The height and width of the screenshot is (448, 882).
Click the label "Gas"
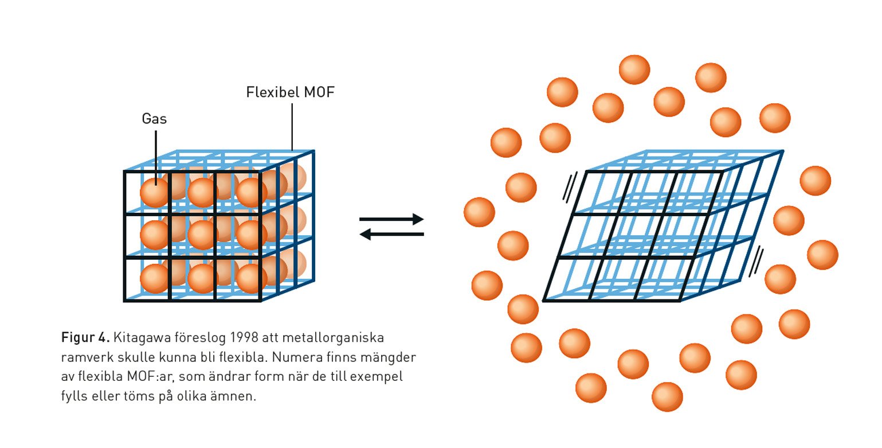click(154, 119)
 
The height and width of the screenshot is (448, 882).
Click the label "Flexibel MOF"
click(289, 92)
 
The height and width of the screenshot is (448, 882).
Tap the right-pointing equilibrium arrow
click(391, 219)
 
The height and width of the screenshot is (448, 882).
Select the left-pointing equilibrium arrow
click(391, 234)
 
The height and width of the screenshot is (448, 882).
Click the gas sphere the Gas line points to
click(155, 192)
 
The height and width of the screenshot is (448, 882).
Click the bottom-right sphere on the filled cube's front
click(251, 278)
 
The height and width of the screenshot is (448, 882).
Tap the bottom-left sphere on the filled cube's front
click(155, 278)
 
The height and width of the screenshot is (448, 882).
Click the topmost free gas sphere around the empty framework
click(634, 69)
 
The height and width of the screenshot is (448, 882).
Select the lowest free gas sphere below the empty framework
click(667, 397)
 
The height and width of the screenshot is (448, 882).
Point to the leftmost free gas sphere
click(479, 212)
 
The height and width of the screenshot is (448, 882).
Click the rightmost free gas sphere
click(822, 255)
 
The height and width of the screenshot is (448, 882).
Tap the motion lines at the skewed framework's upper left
click(569, 188)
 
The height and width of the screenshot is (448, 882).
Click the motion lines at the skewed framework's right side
click(758, 262)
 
